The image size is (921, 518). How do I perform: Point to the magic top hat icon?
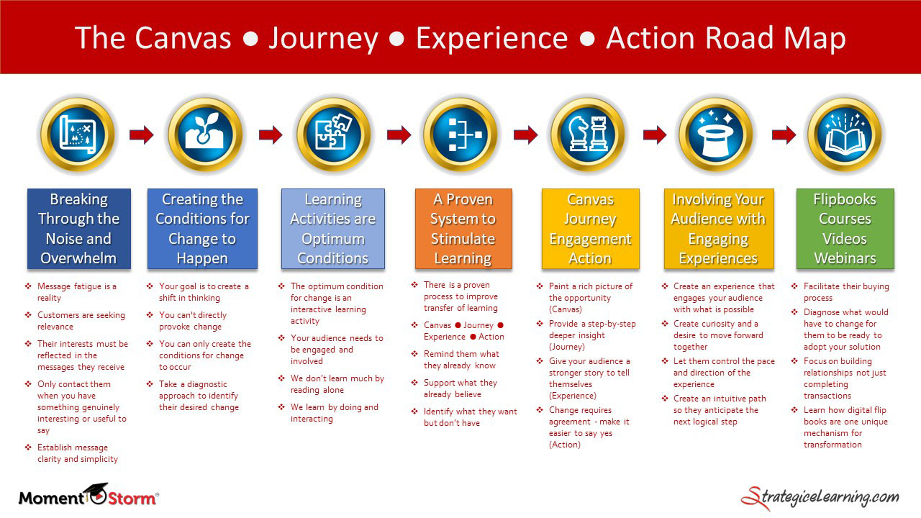tap(715, 134)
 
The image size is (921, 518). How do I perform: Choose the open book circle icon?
tap(844, 134)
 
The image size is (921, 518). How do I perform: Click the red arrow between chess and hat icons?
tap(654, 135)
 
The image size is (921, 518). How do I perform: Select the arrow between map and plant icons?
tap(142, 135)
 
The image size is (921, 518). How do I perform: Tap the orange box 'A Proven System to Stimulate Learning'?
tap(463, 229)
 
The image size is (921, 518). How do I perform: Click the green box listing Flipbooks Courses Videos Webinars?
tap(845, 229)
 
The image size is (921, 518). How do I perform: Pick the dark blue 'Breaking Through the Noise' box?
tap(78, 229)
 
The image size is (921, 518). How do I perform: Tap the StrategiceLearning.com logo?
tap(820, 497)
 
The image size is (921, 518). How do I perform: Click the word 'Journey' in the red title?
tap(323, 38)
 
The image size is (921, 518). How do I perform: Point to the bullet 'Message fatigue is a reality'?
tap(76, 292)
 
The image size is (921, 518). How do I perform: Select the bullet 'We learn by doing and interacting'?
tap(334, 413)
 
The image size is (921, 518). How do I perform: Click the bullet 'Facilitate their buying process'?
tap(845, 292)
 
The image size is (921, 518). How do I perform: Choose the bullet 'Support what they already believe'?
tap(460, 388)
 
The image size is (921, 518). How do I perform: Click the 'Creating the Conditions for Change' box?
tap(202, 229)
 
